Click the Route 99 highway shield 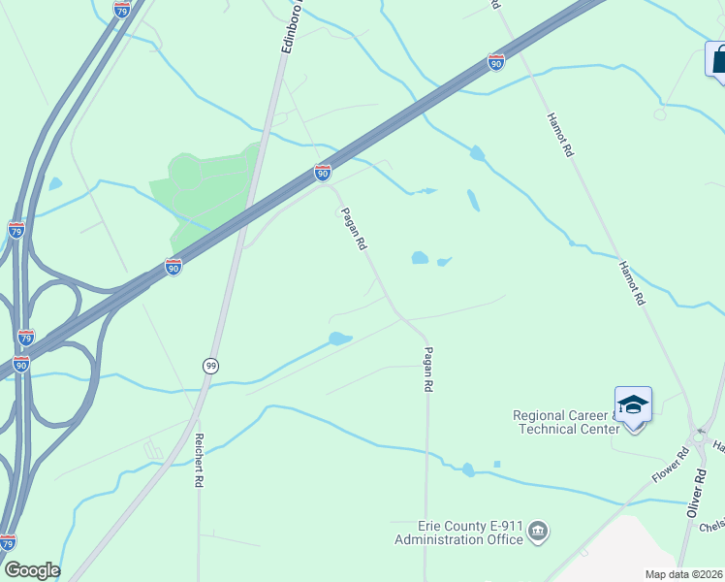tap(210, 365)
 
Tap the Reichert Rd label tap(199, 460)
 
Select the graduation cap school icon tap(633, 404)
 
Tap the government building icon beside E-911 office tap(540, 532)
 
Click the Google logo tap(32, 570)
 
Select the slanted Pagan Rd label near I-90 tap(353, 229)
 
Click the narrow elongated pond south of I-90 tap(473, 200)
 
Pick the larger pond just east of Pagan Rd tap(420, 258)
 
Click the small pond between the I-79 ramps tap(55, 183)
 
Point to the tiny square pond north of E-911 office tap(496, 464)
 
